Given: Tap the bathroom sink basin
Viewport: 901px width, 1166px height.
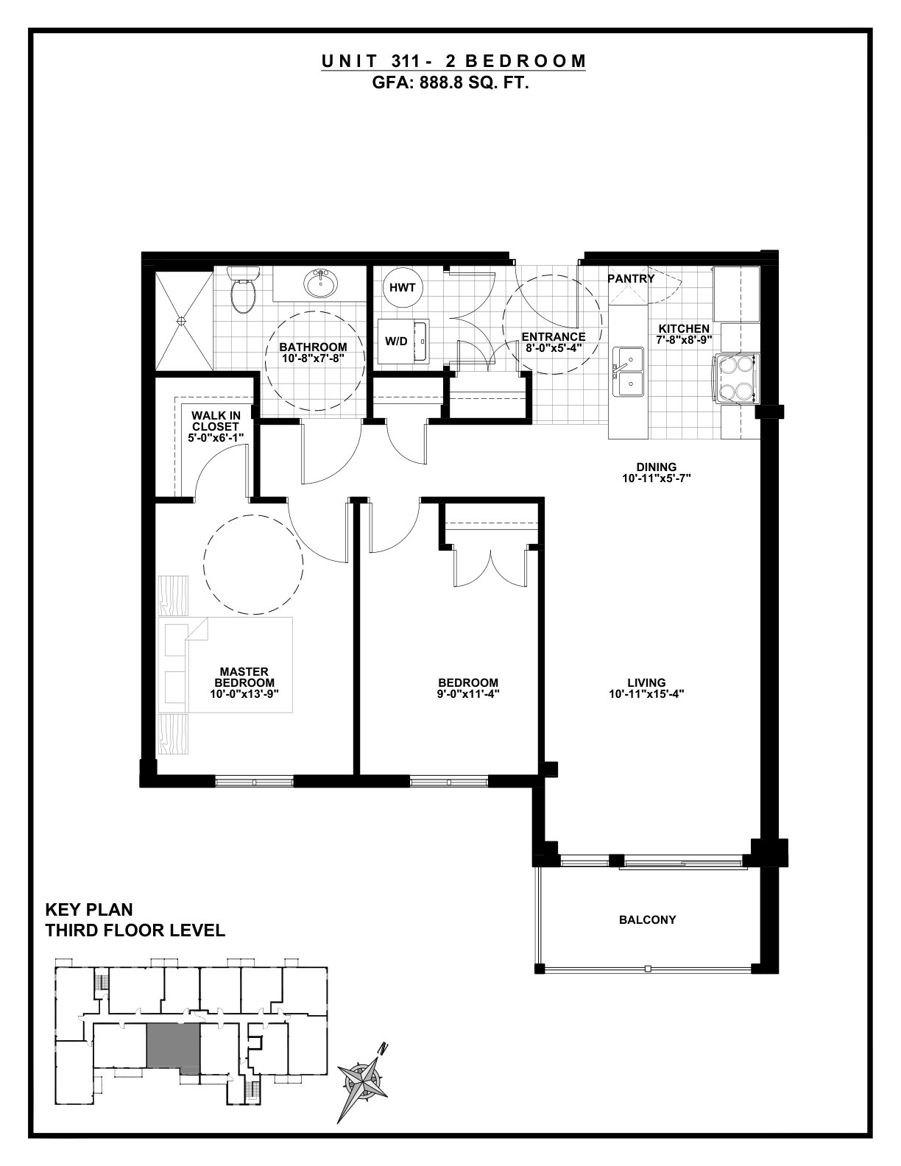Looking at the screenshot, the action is coord(321,283).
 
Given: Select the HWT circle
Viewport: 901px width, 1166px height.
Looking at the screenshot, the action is coord(403,288).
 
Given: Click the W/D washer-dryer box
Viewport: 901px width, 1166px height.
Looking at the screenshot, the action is coord(403,342).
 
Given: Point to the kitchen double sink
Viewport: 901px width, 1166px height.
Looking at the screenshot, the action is coord(629,372).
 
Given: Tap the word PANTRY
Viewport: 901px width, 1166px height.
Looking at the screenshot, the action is coord(631,279).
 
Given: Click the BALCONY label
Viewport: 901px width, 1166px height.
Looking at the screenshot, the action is coord(647,919).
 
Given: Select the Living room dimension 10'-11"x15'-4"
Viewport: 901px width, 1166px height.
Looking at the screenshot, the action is coord(646,694).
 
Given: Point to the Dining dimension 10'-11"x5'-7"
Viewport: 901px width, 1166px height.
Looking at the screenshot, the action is coord(657,478).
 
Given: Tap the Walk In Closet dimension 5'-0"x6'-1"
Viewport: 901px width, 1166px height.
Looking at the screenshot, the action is coord(216,437).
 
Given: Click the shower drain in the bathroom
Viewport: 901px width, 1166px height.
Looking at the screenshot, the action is coord(181,320).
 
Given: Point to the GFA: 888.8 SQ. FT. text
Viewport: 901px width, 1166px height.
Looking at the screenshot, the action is coord(451,83).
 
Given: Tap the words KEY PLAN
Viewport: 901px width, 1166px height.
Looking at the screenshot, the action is coord(89,910).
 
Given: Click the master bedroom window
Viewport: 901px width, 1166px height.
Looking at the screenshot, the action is coord(255,782).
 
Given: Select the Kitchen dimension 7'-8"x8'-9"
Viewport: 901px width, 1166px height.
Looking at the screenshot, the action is coord(684,339).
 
